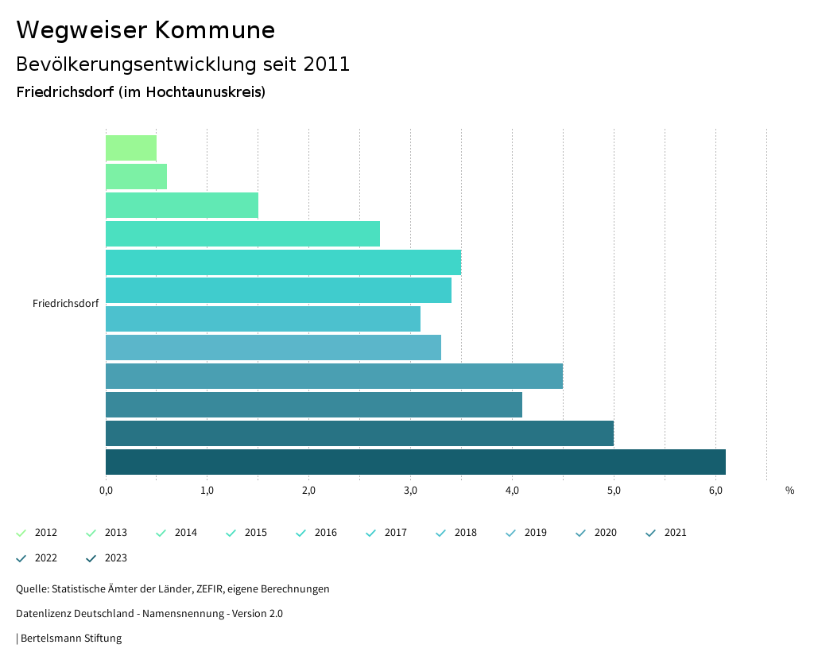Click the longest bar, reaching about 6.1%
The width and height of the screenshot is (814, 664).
point(415,462)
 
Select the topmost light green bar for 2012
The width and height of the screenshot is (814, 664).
point(131,148)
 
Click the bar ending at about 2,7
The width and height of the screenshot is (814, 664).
point(242,234)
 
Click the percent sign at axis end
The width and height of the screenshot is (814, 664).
point(789,491)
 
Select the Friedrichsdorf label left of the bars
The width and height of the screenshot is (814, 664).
point(65,304)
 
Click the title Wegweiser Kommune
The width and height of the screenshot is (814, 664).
point(145,30)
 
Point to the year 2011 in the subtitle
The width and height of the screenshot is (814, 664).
point(327,64)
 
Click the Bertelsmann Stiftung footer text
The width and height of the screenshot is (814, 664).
point(71,638)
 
